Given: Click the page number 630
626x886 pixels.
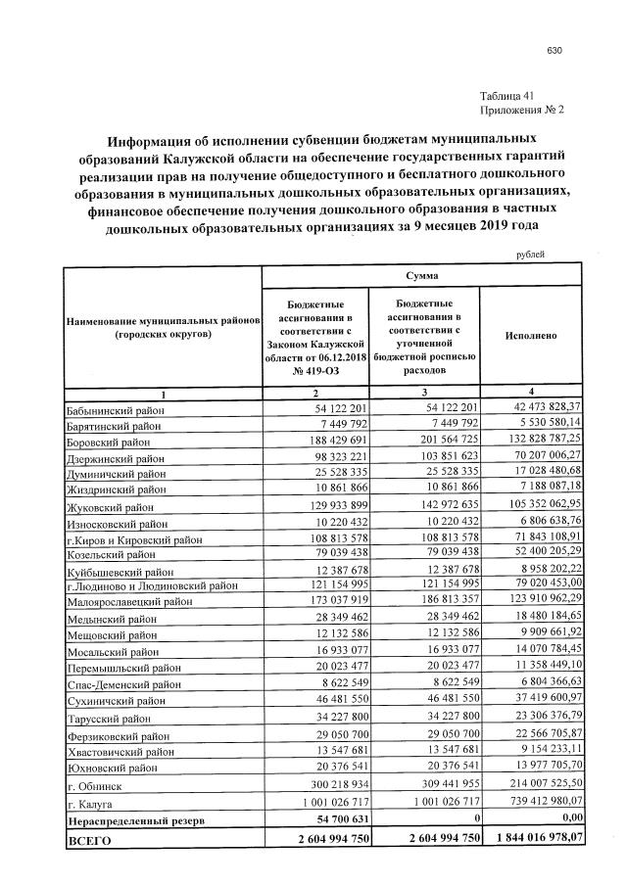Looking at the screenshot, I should click(554, 50).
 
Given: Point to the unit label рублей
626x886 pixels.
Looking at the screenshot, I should click(529, 254).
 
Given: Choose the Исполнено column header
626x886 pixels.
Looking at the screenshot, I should click(531, 336).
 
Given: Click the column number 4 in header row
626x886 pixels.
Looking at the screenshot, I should click(531, 393).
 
